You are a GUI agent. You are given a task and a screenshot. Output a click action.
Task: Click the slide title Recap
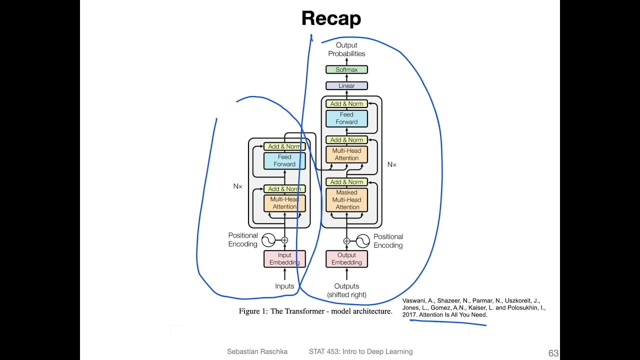[331, 18]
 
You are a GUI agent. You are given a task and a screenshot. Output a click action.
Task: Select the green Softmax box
[346, 69]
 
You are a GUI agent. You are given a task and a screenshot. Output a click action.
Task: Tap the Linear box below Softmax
[346, 85]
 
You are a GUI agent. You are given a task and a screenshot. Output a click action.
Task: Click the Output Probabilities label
[346, 49]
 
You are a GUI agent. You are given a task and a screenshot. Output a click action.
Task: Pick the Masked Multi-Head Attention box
[347, 199]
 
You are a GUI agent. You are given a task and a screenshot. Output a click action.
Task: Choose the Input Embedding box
[284, 258]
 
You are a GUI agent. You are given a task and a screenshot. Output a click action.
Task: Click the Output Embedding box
[346, 258]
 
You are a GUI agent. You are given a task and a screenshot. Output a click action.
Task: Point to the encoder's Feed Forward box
[284, 160]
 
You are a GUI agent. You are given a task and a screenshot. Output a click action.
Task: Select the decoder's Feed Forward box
[346, 118]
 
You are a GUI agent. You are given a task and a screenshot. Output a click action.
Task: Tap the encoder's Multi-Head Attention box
[284, 202]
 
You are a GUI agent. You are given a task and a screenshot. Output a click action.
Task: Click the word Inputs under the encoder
[284, 286]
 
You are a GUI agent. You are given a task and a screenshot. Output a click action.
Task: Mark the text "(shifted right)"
[346, 295]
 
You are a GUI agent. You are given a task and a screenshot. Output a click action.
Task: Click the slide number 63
[553, 353]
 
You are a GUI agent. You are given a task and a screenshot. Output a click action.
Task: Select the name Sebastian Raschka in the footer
[257, 351]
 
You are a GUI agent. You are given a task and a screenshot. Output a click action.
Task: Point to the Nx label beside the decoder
[391, 164]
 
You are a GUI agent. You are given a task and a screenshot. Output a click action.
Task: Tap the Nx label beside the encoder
[237, 186]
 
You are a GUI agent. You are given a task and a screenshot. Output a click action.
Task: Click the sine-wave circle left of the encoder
[268, 240]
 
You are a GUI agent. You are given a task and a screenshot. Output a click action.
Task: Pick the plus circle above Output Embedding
[346, 240]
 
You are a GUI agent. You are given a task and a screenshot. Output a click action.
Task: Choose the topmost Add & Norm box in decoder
[346, 103]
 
